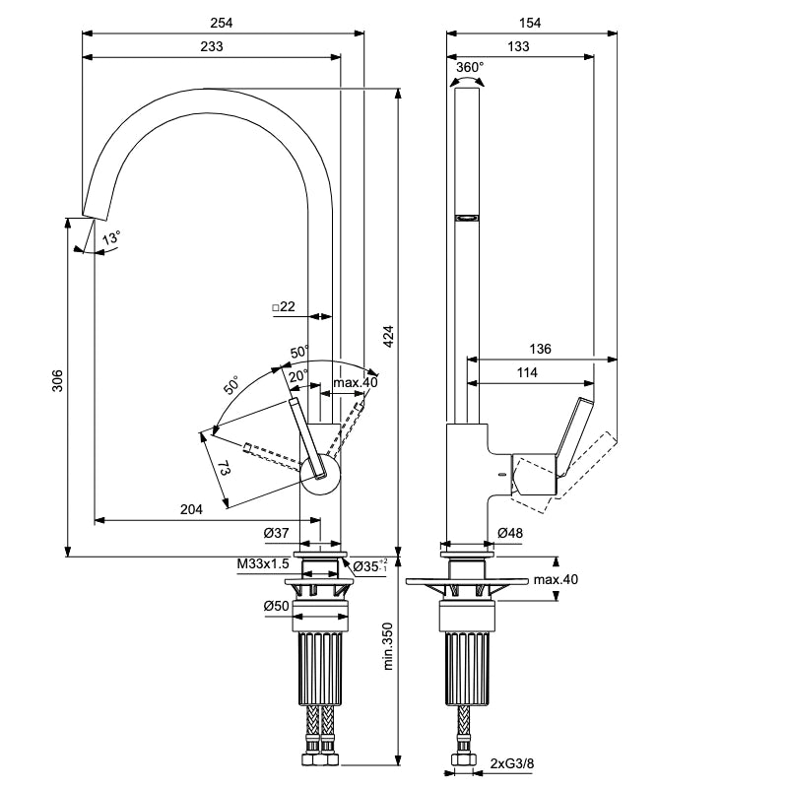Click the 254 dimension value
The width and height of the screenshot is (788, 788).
click(x=221, y=23)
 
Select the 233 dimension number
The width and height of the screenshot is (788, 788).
click(x=212, y=46)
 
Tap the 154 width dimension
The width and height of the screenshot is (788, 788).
click(x=530, y=23)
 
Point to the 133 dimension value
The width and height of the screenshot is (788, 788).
click(x=518, y=46)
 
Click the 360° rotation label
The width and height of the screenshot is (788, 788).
click(x=470, y=67)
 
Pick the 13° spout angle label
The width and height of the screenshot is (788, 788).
click(x=111, y=237)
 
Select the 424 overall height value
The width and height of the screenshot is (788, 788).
click(x=388, y=337)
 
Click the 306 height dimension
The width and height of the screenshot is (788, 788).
click(x=58, y=380)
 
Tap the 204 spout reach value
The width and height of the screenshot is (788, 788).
click(x=191, y=509)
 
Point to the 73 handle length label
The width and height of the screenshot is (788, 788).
click(x=225, y=471)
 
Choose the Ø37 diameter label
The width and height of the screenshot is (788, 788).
click(x=277, y=533)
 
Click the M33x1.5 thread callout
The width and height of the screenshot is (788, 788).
click(x=263, y=563)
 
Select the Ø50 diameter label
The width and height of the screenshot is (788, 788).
click(x=277, y=606)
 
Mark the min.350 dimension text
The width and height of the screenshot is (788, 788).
click(x=388, y=646)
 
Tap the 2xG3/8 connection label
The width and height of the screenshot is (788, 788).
click(x=512, y=764)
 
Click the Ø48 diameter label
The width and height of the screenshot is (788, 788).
click(x=510, y=533)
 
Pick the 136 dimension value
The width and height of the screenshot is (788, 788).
click(x=540, y=349)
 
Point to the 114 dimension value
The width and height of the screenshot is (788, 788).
click(x=527, y=372)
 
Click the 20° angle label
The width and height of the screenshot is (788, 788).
click(x=298, y=376)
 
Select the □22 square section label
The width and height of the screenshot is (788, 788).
click(x=284, y=306)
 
